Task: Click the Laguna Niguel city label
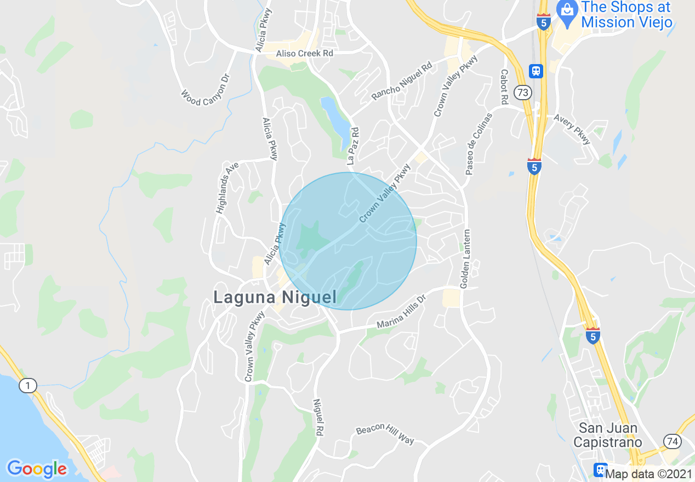[x=275, y=297]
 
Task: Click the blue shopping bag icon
[x=566, y=9]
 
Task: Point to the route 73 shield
[x=523, y=93]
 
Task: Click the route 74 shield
[x=672, y=441]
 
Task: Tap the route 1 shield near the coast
[x=27, y=386]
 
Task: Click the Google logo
[x=37, y=469]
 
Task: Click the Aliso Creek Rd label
[x=305, y=53]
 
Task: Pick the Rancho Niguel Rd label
[x=402, y=81]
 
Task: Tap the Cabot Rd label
[x=504, y=87]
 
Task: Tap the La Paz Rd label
[x=353, y=146]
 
